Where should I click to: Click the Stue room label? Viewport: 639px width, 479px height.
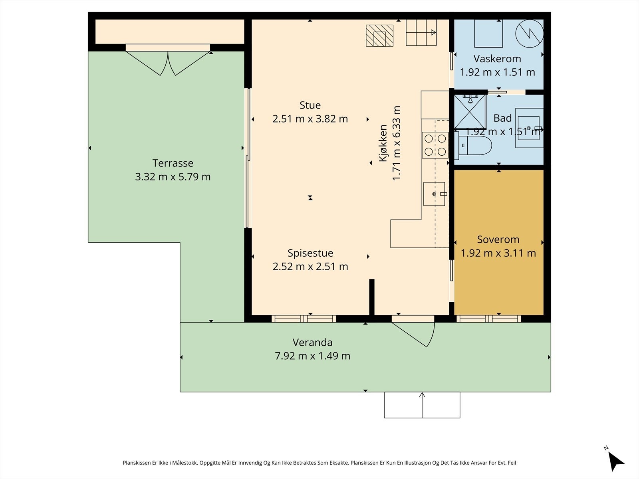point(310,105)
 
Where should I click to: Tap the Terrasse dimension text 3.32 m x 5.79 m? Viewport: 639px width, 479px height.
point(173,177)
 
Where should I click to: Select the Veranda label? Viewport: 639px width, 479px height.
point(312,342)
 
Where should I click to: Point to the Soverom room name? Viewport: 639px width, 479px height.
point(498,239)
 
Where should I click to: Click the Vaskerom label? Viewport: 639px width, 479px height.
point(497,59)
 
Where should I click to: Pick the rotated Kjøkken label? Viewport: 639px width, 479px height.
point(383,143)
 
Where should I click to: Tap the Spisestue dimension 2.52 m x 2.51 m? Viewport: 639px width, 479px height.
point(310,266)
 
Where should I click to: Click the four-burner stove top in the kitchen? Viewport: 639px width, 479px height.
point(435,145)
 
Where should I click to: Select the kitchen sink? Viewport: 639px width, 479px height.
point(435,194)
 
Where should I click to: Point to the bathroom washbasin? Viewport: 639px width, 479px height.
point(529,128)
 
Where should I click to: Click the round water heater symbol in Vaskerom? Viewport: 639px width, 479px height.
point(530,34)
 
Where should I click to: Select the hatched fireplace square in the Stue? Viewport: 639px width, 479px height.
point(380,36)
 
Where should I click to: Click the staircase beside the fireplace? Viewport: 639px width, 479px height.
point(421,33)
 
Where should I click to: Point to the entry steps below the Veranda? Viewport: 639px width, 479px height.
point(422,405)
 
